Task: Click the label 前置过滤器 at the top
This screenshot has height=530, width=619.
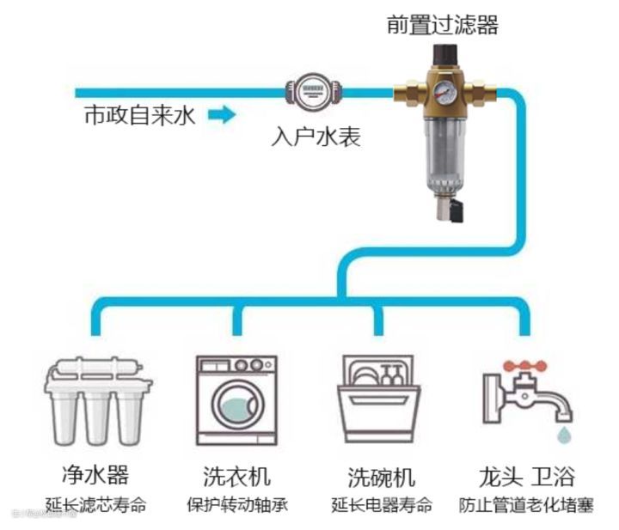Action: point(441,26)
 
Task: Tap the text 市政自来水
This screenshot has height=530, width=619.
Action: point(139,115)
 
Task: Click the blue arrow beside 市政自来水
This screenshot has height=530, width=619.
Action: point(221,114)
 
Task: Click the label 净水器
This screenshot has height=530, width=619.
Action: point(95,475)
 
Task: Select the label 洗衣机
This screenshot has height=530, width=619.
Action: point(236,475)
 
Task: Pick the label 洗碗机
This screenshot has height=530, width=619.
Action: point(381,476)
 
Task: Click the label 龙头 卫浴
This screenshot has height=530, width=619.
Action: point(526,475)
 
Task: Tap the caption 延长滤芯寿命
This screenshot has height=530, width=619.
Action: point(95,503)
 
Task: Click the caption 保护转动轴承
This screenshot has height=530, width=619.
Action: point(236,503)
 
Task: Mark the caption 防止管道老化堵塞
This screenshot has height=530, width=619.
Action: point(526,503)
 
